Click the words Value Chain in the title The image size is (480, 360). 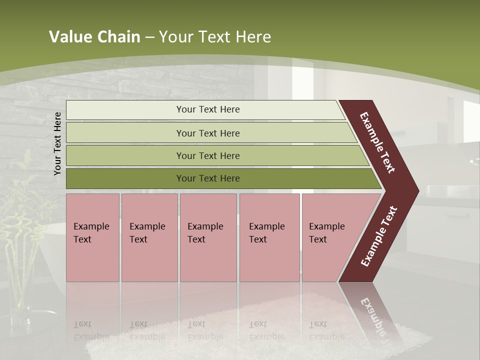pyautogui.click(x=94, y=37)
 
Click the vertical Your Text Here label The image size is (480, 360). pyautogui.click(x=57, y=143)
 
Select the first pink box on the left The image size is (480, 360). pyautogui.click(x=92, y=237)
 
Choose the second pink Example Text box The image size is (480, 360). pyautogui.click(x=149, y=237)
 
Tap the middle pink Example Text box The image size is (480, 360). pyautogui.click(x=208, y=237)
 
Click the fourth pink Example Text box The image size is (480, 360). pyautogui.click(x=269, y=237)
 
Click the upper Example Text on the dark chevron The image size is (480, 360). pyautogui.click(x=378, y=142)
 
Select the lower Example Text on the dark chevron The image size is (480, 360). pyautogui.click(x=379, y=236)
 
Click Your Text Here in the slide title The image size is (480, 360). pyautogui.click(x=215, y=37)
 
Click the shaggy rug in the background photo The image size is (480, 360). pyautogui.click(x=260, y=325)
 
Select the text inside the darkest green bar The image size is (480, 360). pyautogui.click(x=208, y=178)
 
